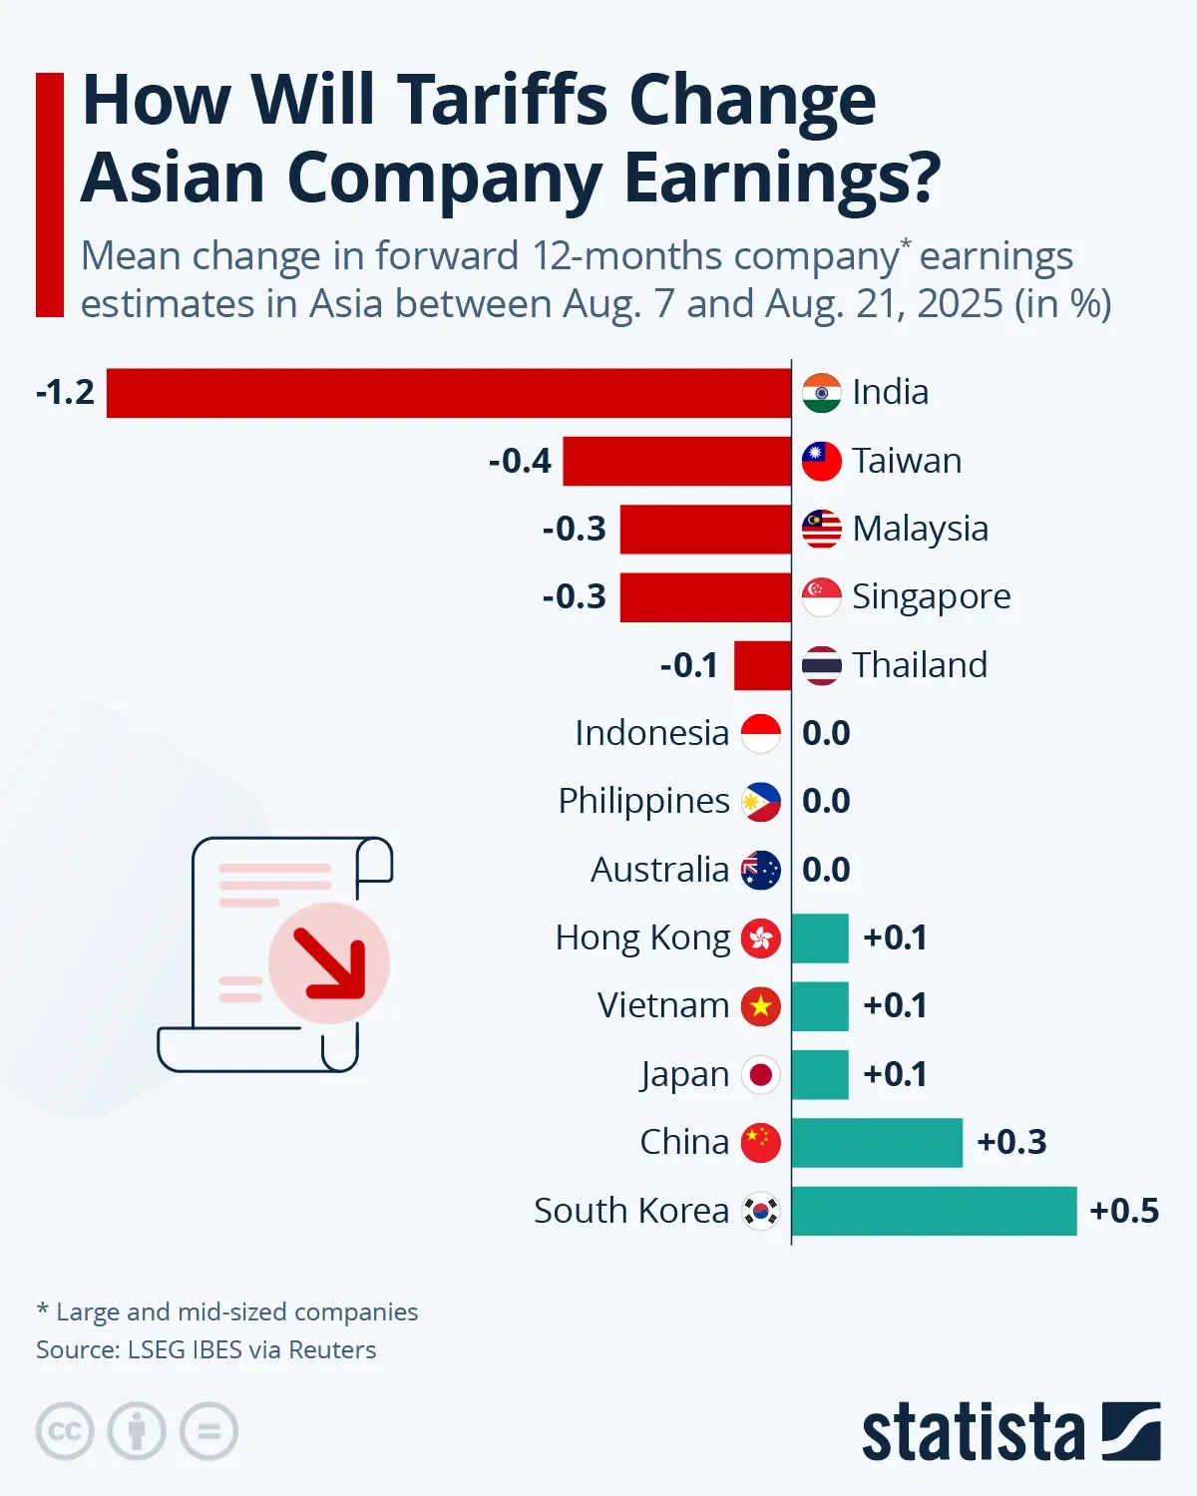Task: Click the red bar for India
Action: point(449,393)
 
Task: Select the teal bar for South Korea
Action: point(934,1211)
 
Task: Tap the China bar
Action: point(877,1143)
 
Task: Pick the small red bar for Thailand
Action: point(762,665)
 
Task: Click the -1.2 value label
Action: point(65,393)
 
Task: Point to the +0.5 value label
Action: point(1124,1211)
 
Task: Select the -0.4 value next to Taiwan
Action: point(520,461)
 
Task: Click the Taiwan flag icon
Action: point(821,461)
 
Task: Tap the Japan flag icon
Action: point(761,1075)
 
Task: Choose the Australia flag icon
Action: point(761,871)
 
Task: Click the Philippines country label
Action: point(643,802)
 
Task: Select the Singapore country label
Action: point(931,596)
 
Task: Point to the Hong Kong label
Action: point(642,938)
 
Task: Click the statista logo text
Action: point(973,1433)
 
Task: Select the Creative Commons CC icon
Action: point(65,1432)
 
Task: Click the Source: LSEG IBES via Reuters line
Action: point(206,1350)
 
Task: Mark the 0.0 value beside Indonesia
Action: point(826,734)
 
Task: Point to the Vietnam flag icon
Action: point(761,1007)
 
